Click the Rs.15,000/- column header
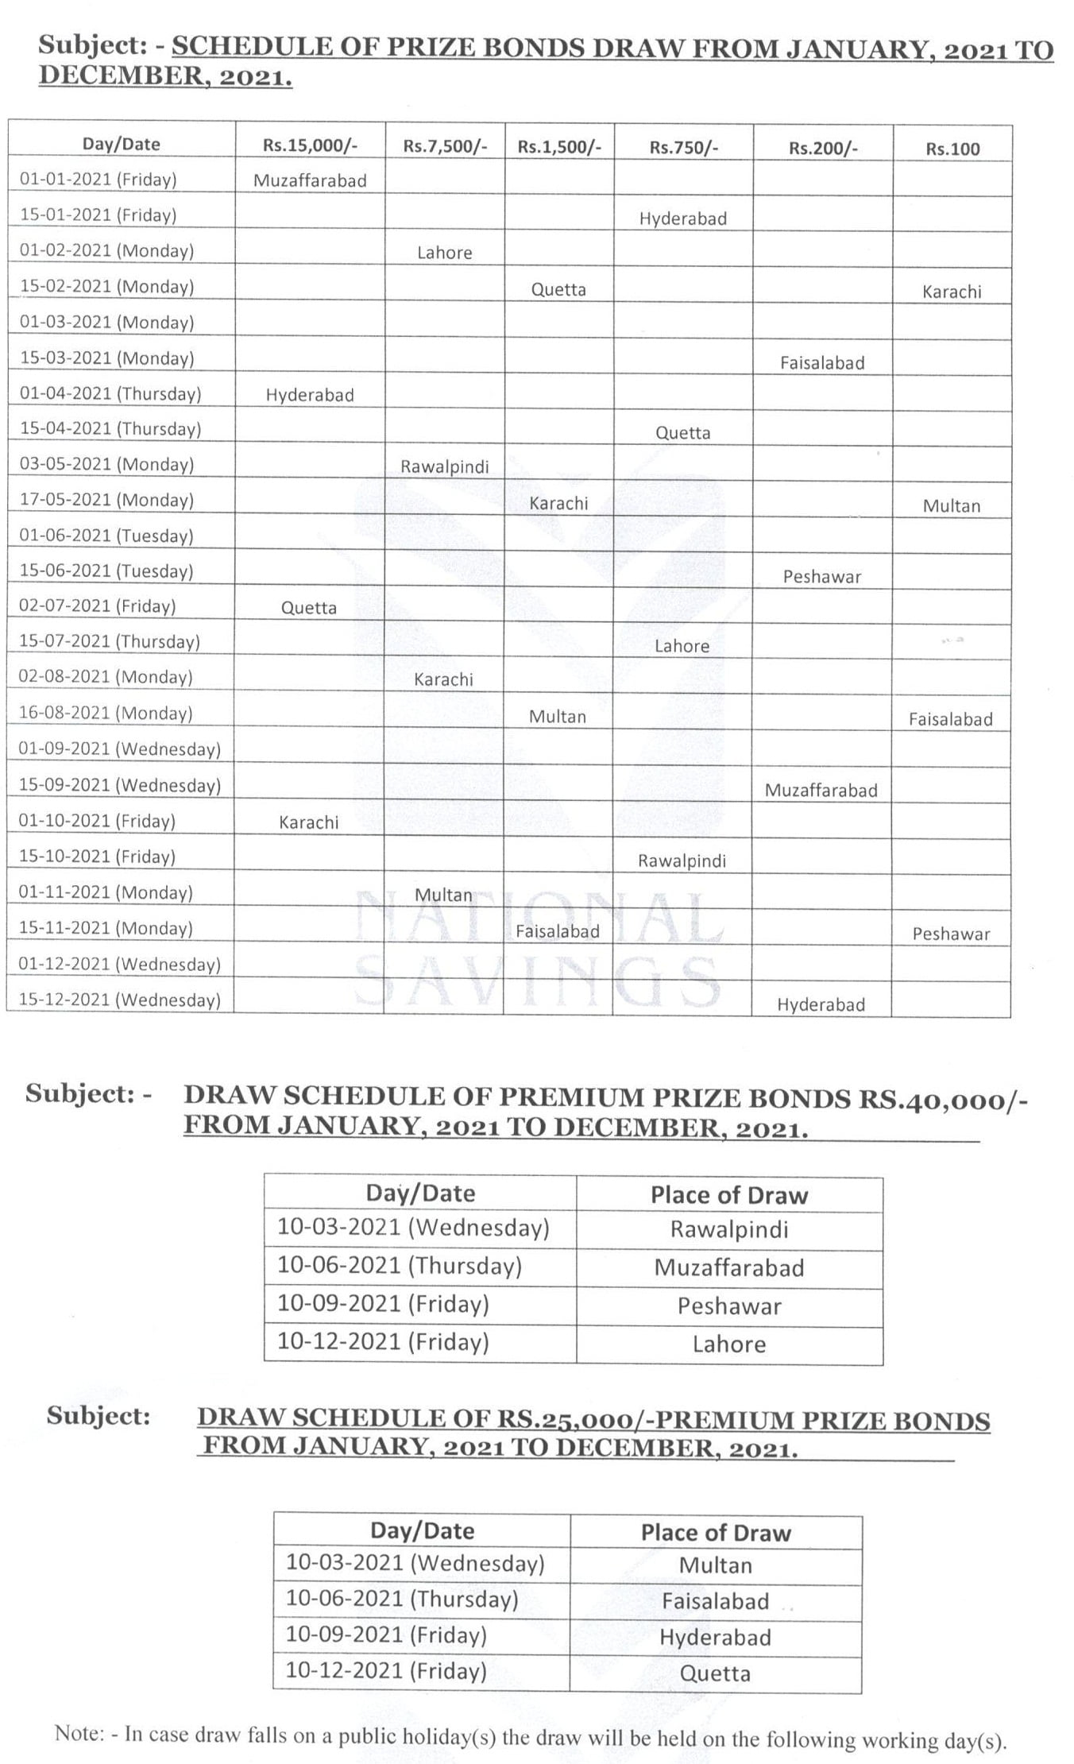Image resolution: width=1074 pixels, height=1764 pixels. (310, 145)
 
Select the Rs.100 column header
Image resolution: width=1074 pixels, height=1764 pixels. (952, 149)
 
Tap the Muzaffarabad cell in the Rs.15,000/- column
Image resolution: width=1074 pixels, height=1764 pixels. (310, 180)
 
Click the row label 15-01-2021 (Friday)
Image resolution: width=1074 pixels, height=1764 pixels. (99, 215)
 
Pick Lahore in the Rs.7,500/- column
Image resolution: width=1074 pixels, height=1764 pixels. (445, 253)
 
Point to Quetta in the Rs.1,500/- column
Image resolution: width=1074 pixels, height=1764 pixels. (558, 289)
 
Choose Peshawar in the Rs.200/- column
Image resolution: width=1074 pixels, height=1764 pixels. (822, 577)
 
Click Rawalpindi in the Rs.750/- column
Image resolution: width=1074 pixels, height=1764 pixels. (682, 861)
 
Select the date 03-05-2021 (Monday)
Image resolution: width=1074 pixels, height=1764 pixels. (106, 464)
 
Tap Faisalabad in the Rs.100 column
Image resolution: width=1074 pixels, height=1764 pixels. (951, 719)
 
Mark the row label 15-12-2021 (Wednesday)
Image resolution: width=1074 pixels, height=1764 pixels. (119, 1000)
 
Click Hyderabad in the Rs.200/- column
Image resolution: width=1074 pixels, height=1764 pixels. (821, 1004)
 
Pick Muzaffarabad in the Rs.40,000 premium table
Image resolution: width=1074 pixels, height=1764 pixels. (729, 1267)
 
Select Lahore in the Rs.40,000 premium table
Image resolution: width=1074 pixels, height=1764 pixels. (729, 1344)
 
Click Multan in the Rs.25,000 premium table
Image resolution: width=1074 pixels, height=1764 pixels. (716, 1565)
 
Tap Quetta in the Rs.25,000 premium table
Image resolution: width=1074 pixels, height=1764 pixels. (715, 1673)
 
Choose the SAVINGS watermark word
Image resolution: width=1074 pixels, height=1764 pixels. (537, 981)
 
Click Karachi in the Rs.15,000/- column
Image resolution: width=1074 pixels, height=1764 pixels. (309, 822)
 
